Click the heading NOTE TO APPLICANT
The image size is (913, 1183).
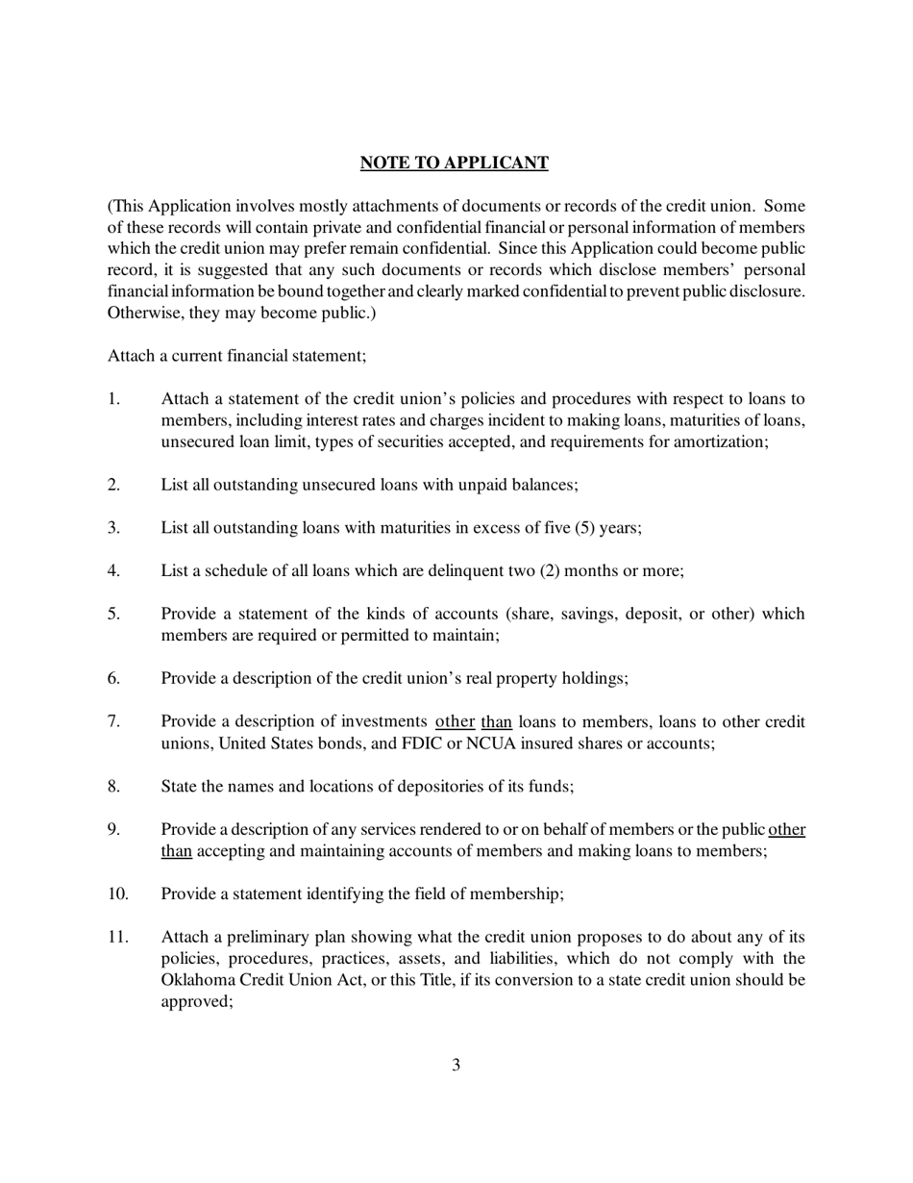pos(454,163)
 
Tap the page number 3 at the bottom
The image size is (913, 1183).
pos(456,1064)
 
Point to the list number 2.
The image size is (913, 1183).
pos(113,484)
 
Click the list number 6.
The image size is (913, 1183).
pos(113,678)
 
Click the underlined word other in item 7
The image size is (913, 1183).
pos(456,721)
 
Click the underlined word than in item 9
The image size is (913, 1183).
pos(177,850)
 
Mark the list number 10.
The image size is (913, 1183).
pos(117,894)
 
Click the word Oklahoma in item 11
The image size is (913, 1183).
pos(195,979)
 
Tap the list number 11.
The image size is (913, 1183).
pos(117,937)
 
